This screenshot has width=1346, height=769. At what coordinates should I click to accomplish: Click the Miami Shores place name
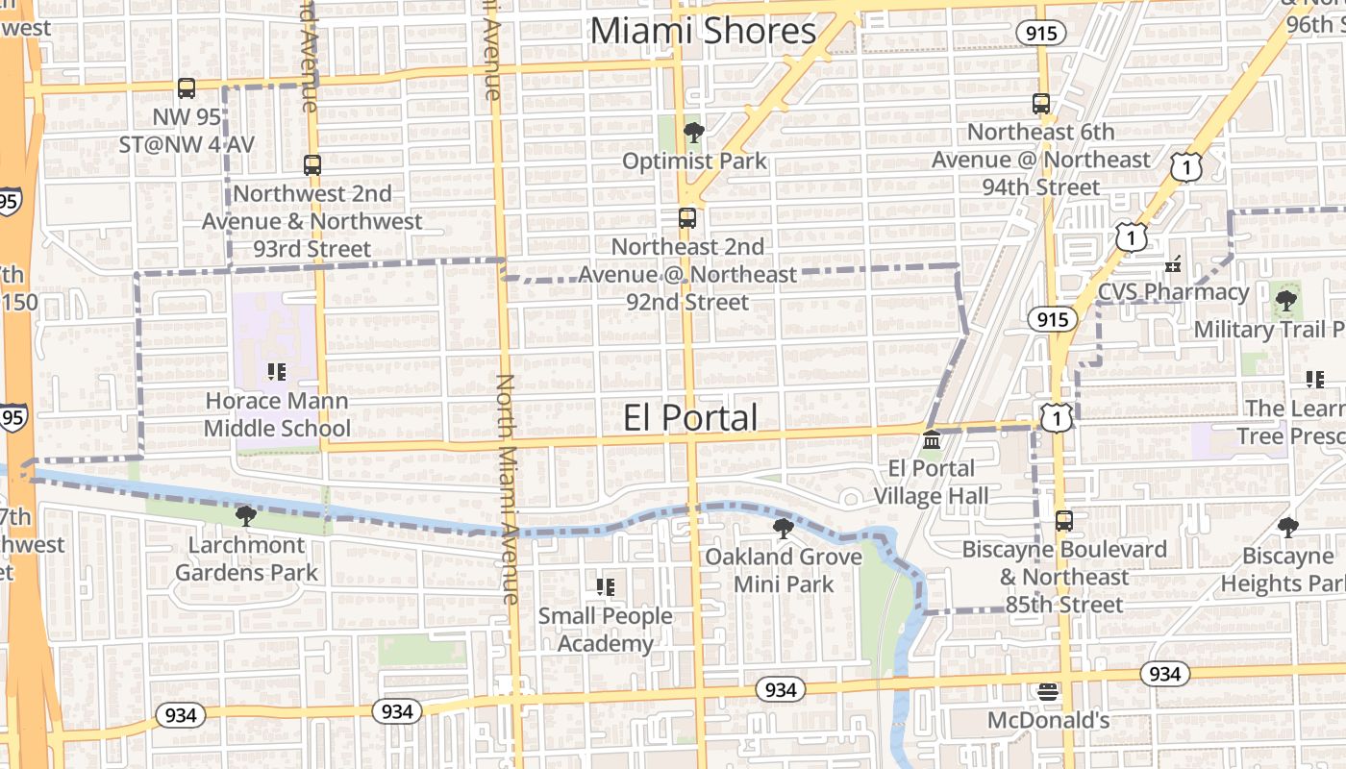pyautogui.click(x=703, y=31)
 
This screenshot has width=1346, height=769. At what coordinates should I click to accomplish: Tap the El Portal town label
pyautogui.click(x=689, y=418)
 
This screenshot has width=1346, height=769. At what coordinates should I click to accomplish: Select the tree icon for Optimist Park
pyautogui.click(x=692, y=133)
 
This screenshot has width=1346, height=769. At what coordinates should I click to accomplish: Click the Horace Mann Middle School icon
pyautogui.click(x=277, y=372)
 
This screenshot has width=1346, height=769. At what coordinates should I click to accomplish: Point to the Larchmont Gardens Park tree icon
pyautogui.click(x=246, y=516)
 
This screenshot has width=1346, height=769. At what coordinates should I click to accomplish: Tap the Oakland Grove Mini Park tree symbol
pyautogui.click(x=784, y=528)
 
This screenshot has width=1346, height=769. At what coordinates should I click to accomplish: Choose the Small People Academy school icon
pyautogui.click(x=605, y=586)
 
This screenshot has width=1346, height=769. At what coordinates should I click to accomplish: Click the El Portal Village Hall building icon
pyautogui.click(x=931, y=440)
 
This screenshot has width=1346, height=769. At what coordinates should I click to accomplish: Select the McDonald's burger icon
pyautogui.click(x=1048, y=691)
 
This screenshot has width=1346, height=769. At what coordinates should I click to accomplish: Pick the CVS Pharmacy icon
pyautogui.click(x=1173, y=262)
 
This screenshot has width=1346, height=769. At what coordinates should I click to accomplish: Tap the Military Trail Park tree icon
pyautogui.click(x=1285, y=301)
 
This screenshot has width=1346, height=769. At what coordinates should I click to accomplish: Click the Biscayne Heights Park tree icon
pyautogui.click(x=1287, y=527)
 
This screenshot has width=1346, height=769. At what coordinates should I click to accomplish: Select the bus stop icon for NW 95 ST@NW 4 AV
pyautogui.click(x=187, y=88)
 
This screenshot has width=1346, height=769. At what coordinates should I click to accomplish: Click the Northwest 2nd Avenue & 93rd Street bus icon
pyautogui.click(x=312, y=165)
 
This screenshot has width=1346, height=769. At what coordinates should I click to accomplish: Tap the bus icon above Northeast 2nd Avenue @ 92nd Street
pyautogui.click(x=686, y=218)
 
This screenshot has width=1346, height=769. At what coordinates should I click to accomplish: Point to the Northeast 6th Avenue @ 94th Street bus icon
pyautogui.click(x=1040, y=104)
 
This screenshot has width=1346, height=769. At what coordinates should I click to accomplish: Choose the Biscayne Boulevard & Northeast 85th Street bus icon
pyautogui.click(x=1063, y=521)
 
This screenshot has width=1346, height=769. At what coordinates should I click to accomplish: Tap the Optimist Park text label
pyautogui.click(x=694, y=161)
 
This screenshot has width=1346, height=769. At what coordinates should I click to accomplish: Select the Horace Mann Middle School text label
pyautogui.click(x=277, y=414)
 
